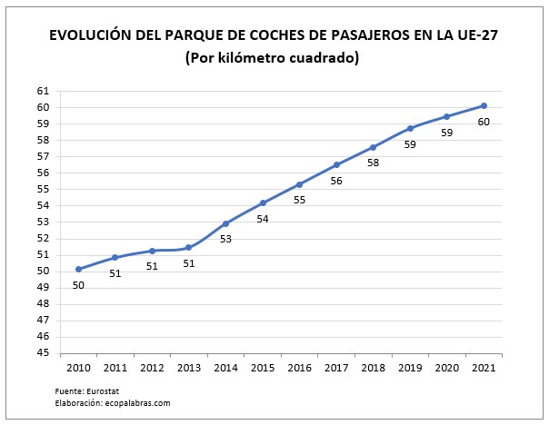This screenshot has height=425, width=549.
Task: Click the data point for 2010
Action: coord(78,269)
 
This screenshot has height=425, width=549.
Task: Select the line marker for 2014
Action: coord(225,223)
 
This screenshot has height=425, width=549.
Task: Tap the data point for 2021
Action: coord(484,105)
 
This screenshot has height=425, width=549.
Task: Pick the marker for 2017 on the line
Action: coord(336,164)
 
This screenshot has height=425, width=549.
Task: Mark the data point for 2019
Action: coord(410,128)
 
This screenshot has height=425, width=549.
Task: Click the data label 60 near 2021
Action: coord(484,122)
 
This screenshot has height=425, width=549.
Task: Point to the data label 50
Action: coord(78,285)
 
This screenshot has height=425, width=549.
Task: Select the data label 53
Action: coord(225,240)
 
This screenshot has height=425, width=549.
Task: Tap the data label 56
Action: coord(336,181)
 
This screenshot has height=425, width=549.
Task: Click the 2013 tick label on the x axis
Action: coord(189,368)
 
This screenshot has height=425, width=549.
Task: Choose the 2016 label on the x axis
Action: coord(299,368)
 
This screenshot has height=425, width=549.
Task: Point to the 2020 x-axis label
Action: coord(446,368)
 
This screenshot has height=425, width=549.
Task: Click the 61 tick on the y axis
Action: coord(42,91)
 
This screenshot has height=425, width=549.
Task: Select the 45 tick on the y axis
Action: coord(42,352)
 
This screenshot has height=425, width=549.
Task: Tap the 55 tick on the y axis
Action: coord(42,189)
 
